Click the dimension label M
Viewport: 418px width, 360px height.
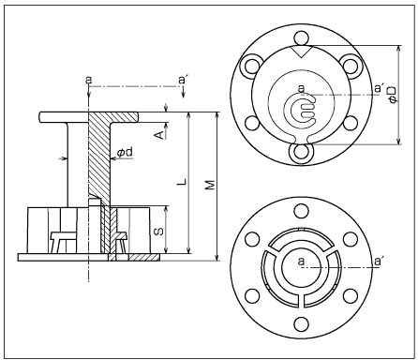coord(211,185)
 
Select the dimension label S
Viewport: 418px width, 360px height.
coord(159,232)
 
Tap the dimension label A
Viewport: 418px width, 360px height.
coord(159,135)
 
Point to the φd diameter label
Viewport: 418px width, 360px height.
coord(125,152)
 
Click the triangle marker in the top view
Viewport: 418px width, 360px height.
coord(301,52)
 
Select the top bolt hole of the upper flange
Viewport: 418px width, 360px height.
coord(302,38)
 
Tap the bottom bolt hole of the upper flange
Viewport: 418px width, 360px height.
coord(302,152)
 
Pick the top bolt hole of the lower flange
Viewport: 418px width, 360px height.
coord(301,211)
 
